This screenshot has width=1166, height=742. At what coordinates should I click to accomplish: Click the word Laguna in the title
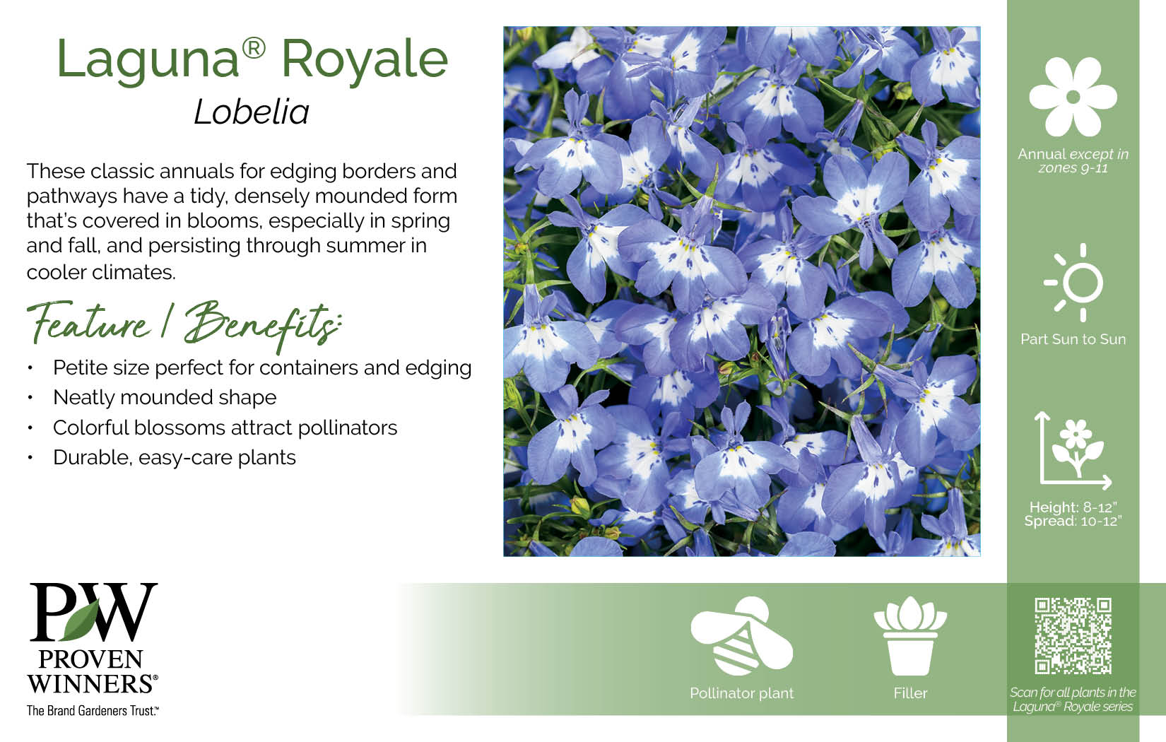click(148, 60)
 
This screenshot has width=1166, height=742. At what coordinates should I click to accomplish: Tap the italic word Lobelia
click(252, 112)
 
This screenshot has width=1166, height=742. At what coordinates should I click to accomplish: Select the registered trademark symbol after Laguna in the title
click(254, 49)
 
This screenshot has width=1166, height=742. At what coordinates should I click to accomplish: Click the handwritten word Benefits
click(263, 324)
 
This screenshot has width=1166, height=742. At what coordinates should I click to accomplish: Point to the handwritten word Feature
click(88, 322)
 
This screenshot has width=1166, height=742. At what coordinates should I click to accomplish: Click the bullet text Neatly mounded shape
click(165, 397)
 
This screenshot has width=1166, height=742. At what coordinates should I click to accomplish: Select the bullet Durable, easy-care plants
click(175, 457)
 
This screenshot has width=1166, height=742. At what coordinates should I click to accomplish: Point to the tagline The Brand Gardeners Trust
click(93, 710)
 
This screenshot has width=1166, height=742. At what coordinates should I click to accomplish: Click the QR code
click(1073, 636)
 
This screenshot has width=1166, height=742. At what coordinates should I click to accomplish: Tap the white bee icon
click(741, 636)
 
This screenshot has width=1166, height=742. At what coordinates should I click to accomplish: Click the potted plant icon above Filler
click(910, 636)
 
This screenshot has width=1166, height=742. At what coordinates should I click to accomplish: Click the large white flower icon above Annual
click(1073, 97)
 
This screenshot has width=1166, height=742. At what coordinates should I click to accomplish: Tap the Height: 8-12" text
click(1073, 507)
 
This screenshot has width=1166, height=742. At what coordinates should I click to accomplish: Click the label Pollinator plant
click(741, 693)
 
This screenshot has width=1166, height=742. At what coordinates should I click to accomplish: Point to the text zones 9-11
click(1073, 167)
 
